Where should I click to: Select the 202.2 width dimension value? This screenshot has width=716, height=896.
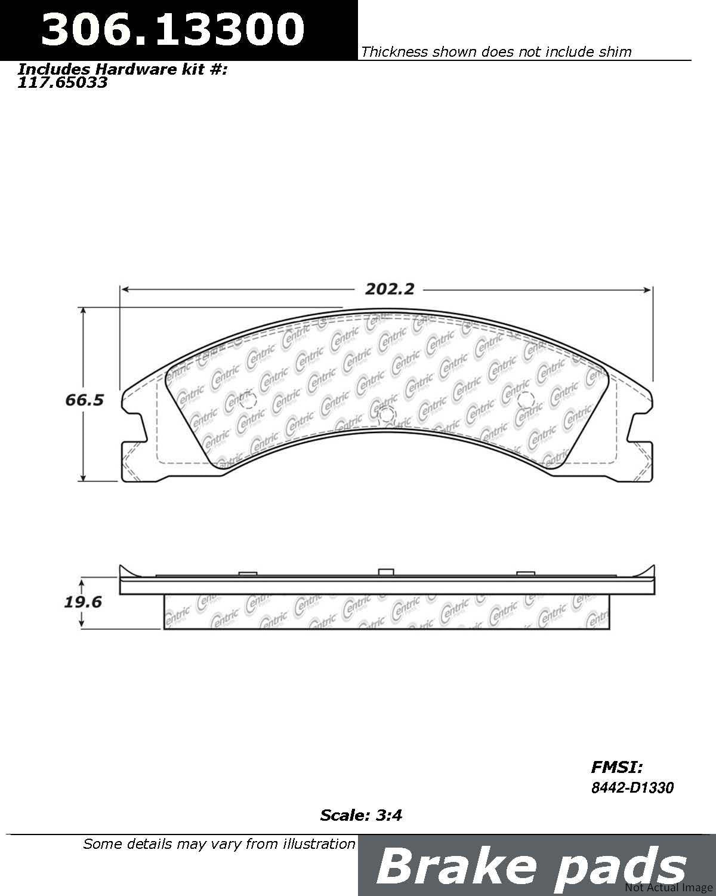(x=390, y=290)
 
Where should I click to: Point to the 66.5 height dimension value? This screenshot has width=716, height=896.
(x=85, y=400)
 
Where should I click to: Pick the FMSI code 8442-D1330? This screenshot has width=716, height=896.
(x=632, y=788)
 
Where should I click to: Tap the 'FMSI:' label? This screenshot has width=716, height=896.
(x=616, y=767)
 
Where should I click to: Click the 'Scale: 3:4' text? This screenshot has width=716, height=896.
(x=361, y=815)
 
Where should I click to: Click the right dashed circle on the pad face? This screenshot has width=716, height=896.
(x=524, y=400)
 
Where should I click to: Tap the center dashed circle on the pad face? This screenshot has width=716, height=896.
(x=387, y=413)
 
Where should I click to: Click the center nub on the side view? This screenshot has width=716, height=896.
(x=385, y=572)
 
